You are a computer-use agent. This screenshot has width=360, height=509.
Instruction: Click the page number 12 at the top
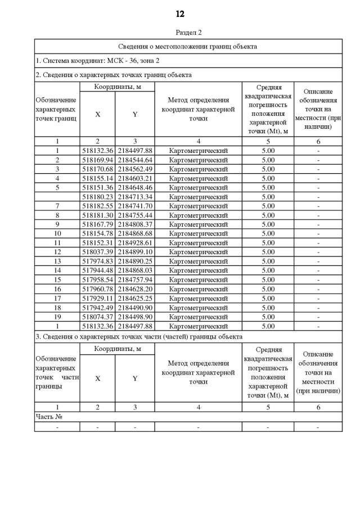pos(180,14)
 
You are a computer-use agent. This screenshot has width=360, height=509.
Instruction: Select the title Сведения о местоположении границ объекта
pos(188,46)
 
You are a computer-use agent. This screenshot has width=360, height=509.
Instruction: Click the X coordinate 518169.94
pos(97,160)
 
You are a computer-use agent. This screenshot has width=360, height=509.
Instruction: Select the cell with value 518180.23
pos(97,197)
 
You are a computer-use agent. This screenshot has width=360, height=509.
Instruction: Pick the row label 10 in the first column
pos(57,233)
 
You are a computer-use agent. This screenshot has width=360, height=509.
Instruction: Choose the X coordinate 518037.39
pos(97,252)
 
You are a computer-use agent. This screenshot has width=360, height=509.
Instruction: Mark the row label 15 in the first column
pos(57,280)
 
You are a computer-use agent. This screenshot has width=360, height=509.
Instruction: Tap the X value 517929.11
pos(97,298)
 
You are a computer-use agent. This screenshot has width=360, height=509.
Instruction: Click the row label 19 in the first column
pos(57,317)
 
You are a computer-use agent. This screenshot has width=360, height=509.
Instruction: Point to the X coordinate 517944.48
pos(97,271)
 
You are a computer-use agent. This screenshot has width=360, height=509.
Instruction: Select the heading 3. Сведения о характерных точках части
pos(139,336)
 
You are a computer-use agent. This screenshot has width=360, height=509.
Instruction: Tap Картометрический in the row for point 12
pos(198,252)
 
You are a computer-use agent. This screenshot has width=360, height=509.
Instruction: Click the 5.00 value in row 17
pos(268,298)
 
